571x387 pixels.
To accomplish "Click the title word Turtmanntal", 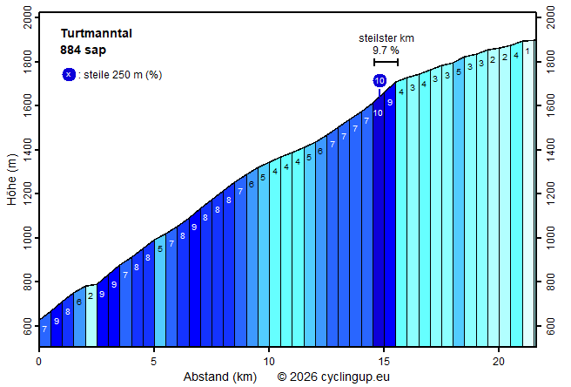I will pyautogui.click(x=97, y=34).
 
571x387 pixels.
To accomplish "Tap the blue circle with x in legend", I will pyautogui.click(x=69, y=75).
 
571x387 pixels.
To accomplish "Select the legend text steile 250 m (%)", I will pyautogui.click(x=123, y=75).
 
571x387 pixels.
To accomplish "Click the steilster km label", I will pyautogui.click(x=386, y=38).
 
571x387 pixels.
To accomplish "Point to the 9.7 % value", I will pyautogui.click(x=386, y=51).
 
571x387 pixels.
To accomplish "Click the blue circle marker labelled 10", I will pyautogui.click(x=380, y=81).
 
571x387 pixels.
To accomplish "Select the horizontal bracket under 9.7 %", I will pyautogui.click(x=386, y=62).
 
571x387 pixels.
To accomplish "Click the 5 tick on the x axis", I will pyautogui.click(x=154, y=360).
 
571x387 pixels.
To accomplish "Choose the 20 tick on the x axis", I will pyautogui.click(x=498, y=360).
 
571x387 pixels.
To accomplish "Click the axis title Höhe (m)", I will pyautogui.click(x=11, y=180).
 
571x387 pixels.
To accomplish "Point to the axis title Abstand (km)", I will pyautogui.click(x=220, y=377).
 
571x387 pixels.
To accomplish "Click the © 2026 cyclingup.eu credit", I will pyautogui.click(x=334, y=377).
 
